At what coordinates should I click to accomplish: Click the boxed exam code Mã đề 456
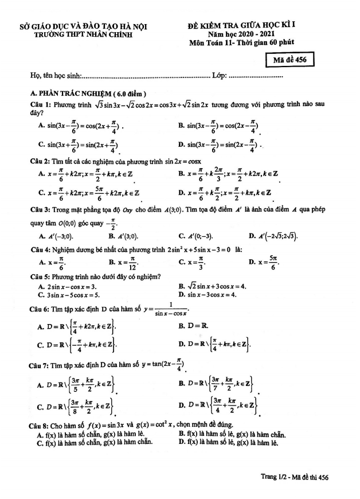coord(290,63)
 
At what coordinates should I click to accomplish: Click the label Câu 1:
coord(41,104)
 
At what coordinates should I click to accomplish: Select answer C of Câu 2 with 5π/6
coord(89,193)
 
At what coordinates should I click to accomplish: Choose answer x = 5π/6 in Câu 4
coord(265,263)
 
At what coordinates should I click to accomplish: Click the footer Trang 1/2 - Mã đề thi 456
coord(295,477)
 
